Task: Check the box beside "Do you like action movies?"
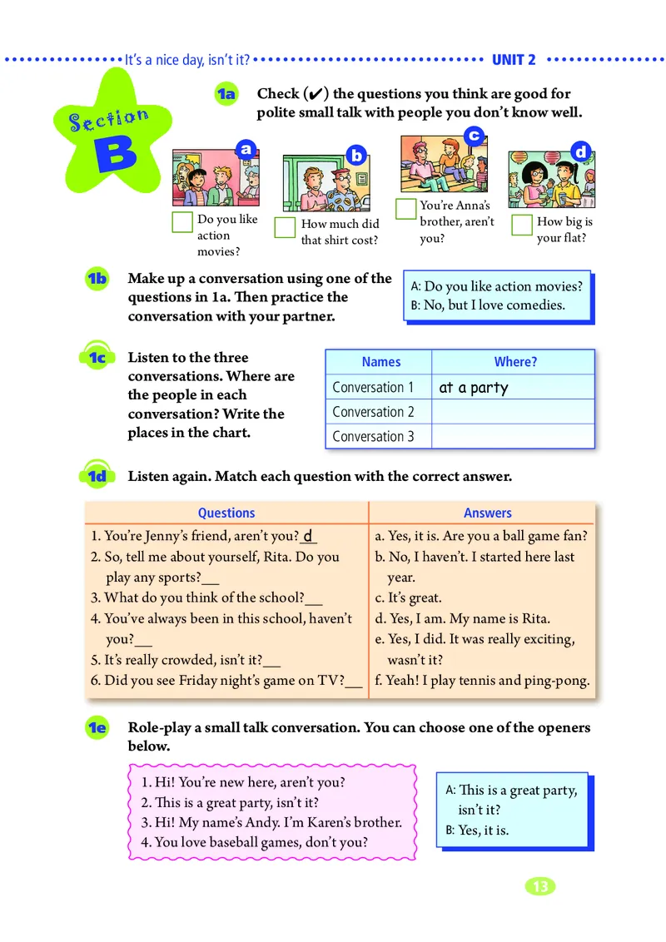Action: coord(182,222)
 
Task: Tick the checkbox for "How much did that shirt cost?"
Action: coord(286,227)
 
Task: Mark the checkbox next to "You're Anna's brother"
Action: coord(405,209)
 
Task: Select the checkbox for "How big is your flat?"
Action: coord(522,225)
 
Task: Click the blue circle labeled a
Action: coord(245,149)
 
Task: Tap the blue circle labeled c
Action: coord(474,135)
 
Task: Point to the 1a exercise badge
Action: coord(226,95)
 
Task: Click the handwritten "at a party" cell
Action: coord(473,388)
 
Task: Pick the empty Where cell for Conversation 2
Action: coord(513,412)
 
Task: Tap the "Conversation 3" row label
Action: coord(373,436)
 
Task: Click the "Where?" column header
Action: coord(515,362)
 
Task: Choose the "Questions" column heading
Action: coord(226,513)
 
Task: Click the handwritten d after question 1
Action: coord(307,536)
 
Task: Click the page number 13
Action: coord(540,886)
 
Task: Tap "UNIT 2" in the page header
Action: coord(514,60)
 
